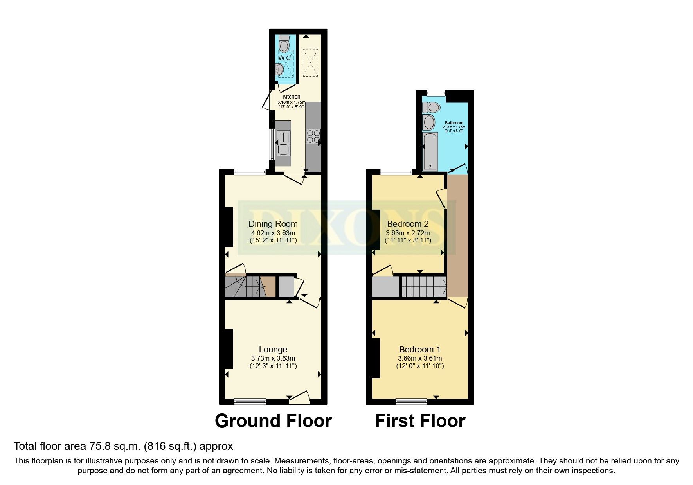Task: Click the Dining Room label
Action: coord(273,224)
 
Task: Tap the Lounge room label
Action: coord(273,350)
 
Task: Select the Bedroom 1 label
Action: coord(419,350)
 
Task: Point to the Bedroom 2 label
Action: coord(407,224)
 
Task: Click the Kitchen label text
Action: coord(291,97)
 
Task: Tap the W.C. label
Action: coord(284,58)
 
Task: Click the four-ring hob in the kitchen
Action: coord(313,137)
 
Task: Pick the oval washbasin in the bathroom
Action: coord(429,122)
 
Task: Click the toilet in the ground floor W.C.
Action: coord(284,44)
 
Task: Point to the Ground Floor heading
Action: coord(273,421)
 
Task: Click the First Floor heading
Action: coord(420,421)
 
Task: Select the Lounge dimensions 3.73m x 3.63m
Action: coord(273,358)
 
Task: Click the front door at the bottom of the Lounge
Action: coord(299,399)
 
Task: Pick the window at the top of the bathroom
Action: coord(436,93)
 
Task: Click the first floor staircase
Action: coord(424,287)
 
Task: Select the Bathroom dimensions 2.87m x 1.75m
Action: coord(454,127)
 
